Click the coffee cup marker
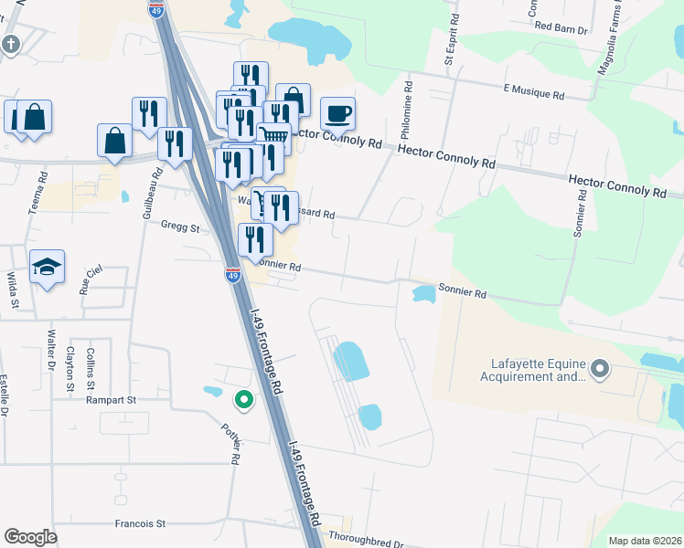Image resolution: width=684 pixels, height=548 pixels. click(x=337, y=114)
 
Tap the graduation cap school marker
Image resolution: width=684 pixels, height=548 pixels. click(x=47, y=267)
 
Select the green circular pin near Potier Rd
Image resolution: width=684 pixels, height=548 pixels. click(x=243, y=398)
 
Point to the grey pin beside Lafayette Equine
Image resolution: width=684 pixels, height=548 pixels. click(x=600, y=369)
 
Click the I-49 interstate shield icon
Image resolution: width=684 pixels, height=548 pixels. click(x=232, y=274)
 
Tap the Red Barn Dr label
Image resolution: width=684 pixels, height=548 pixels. click(x=560, y=27)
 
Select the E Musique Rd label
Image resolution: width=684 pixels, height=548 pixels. click(x=534, y=93)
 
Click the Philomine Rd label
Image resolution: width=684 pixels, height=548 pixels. click(x=408, y=103)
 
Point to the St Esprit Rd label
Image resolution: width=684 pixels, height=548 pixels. click(x=450, y=41)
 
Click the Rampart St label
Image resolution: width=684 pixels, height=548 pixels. click(x=111, y=399)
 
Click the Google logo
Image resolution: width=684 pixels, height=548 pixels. click(x=30, y=537)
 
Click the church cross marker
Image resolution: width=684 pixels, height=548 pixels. click(x=11, y=44)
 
